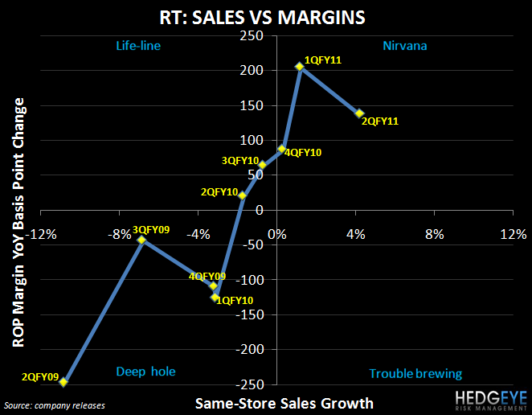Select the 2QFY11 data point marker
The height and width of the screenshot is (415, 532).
click(359, 113)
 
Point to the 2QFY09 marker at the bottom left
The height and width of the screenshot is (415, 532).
click(63, 382)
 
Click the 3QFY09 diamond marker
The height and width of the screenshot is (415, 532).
click(141, 240)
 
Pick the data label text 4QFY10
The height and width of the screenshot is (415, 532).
click(303, 152)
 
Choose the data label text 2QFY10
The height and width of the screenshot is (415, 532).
click(219, 192)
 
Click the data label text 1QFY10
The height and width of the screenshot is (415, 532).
click(233, 300)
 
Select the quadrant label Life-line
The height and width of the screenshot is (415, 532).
click(138, 47)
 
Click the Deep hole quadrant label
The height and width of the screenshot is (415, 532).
click(145, 372)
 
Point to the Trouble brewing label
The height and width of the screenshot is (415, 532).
click(415, 373)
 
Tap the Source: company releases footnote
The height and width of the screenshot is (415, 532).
click(54, 405)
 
